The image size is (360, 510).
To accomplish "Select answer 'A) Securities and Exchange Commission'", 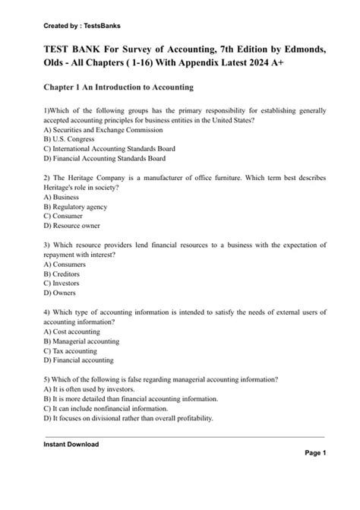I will (x=92, y=130).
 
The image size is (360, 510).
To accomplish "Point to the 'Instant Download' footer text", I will (x=71, y=444).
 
